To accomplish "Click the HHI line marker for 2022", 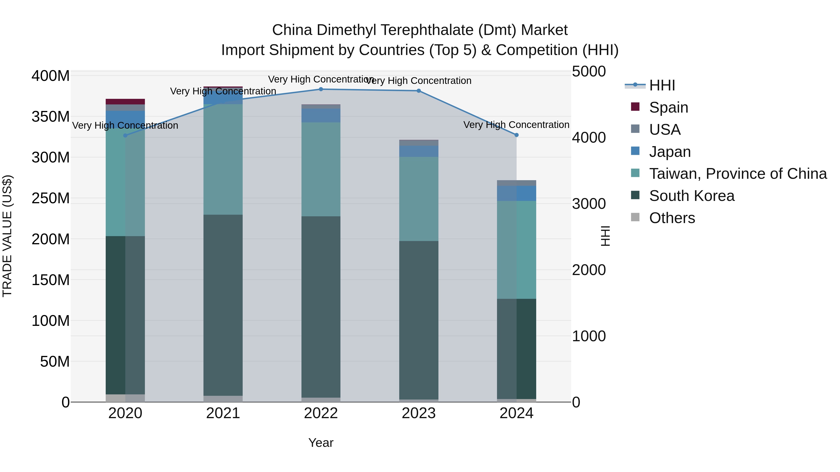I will pyautogui.click(x=321, y=89).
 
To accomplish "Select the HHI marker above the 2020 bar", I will pyautogui.click(x=125, y=135).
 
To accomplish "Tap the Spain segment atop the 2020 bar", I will pyautogui.click(x=125, y=101).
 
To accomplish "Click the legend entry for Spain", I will pyautogui.click(x=668, y=107).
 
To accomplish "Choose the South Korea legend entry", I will pyautogui.click(x=691, y=196).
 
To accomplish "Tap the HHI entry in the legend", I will pyautogui.click(x=662, y=85).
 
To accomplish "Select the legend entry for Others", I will pyautogui.click(x=672, y=218).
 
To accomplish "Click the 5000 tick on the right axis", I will pyautogui.click(x=589, y=71).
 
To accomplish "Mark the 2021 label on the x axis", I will pyautogui.click(x=223, y=413).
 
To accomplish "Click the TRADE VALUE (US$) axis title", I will pyautogui.click(x=7, y=236).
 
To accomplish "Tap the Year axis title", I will pyautogui.click(x=321, y=443).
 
